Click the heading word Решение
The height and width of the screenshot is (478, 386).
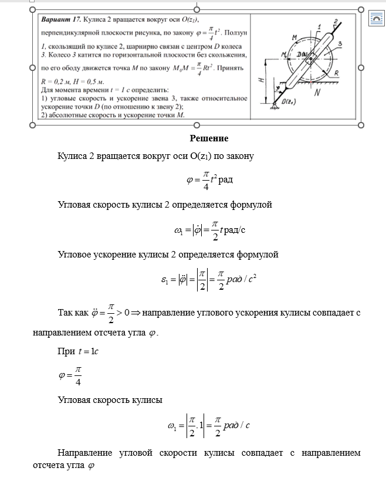coord(209,138)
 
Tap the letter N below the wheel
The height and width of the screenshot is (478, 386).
coord(318,93)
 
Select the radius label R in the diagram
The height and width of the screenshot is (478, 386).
coord(336,73)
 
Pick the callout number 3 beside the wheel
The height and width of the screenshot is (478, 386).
coord(340,44)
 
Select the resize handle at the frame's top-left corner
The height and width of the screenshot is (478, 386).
coord(33,9)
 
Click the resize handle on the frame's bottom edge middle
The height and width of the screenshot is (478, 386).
coord(197,125)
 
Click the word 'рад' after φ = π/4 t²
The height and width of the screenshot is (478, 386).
coord(225,179)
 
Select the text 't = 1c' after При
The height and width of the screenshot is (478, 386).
coord(89,352)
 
